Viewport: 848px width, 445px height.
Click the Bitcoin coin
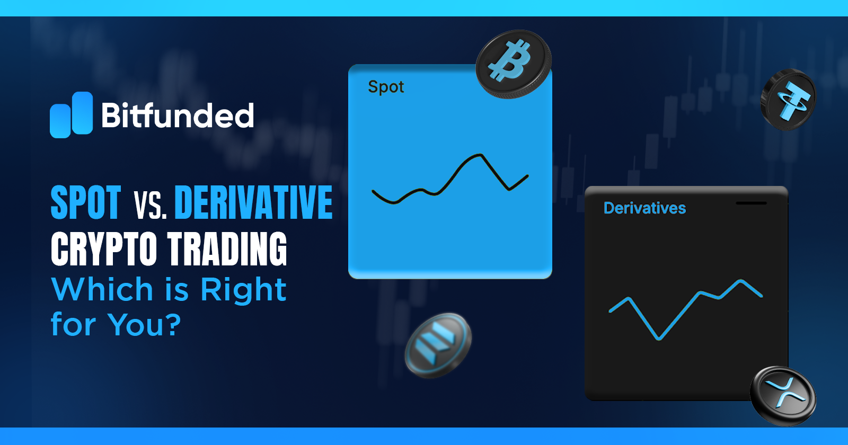click(x=513, y=64)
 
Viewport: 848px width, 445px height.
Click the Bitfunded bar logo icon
click(x=71, y=115)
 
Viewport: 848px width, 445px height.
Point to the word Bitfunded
click(x=178, y=115)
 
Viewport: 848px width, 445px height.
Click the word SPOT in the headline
click(x=86, y=202)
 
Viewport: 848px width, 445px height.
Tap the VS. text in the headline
click(x=150, y=204)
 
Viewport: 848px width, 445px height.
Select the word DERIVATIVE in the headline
click(x=253, y=202)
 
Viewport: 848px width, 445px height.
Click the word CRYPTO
click(x=104, y=249)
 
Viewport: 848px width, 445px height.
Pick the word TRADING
click(x=227, y=249)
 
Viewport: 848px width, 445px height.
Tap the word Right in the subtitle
click(x=243, y=290)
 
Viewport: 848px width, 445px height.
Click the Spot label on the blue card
click(x=386, y=87)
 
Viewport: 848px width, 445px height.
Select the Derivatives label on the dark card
click(x=644, y=208)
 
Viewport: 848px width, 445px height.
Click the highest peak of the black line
click(x=480, y=155)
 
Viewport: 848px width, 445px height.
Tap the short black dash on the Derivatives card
click(x=751, y=203)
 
